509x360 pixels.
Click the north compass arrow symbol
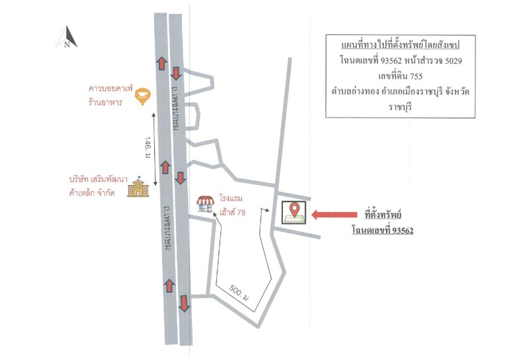pos(67,37)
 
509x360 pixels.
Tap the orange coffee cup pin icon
pos(143,96)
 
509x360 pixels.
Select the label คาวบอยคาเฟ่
pos(111,88)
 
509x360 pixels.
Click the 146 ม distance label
pos(147,147)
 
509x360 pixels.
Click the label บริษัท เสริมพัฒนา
pos(98,179)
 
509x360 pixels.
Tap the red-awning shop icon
pos(205,204)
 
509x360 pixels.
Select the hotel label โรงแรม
pos(231,198)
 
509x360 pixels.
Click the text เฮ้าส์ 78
pos(233,212)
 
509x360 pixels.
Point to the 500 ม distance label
pos(239,293)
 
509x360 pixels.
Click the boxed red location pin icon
pos(294,212)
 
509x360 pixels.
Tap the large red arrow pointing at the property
pos(334,215)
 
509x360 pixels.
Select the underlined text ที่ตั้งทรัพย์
pos(383,214)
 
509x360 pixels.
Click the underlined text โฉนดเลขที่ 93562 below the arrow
pos(383,230)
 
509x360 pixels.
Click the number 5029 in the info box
pos(454,61)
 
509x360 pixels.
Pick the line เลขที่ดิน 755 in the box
pos(400,76)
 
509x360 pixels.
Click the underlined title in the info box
pos(400,45)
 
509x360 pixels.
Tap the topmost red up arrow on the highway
pos(162,63)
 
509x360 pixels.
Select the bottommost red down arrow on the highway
pos(184,303)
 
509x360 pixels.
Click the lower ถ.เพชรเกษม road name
pos(168,227)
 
